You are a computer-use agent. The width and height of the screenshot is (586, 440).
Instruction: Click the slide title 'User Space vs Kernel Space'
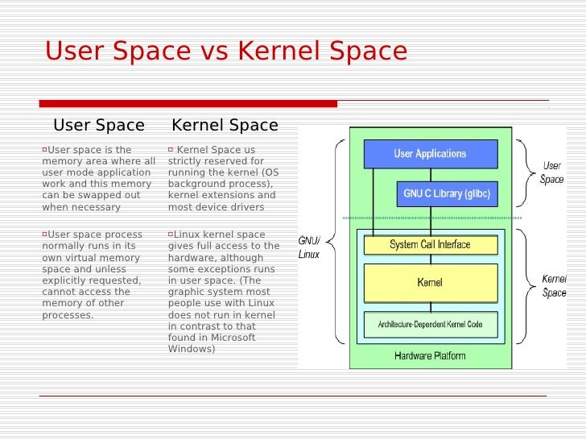[x=226, y=52]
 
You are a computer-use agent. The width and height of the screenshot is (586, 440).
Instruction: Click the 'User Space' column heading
[x=98, y=125]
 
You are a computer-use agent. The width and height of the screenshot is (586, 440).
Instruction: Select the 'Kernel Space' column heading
[x=225, y=125]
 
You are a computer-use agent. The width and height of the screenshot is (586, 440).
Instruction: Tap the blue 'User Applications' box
[x=430, y=153]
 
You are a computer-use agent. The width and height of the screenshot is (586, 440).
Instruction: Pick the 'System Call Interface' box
[x=430, y=244]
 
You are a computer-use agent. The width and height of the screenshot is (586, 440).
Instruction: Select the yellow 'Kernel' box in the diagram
[x=430, y=283]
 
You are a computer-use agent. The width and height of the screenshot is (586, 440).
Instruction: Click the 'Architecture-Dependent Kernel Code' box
[x=430, y=324]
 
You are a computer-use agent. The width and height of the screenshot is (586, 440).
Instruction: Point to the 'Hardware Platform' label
[x=430, y=355]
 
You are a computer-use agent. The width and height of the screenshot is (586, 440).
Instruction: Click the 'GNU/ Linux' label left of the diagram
[x=309, y=247]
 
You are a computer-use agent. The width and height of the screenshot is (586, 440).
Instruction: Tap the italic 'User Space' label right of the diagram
[x=552, y=172]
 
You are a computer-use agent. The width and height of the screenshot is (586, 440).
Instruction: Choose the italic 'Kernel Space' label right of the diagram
[x=554, y=286]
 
